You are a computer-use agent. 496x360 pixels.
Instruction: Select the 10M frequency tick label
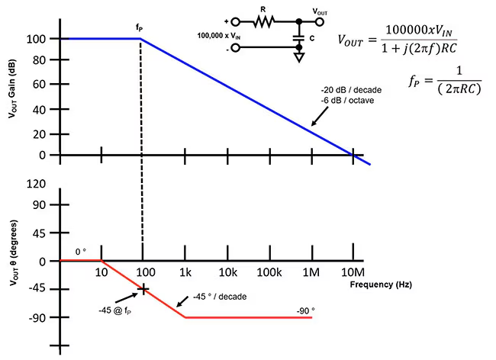(353, 272)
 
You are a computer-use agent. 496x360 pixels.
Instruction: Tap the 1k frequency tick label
(185, 272)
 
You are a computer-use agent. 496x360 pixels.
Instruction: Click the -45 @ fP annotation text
(115, 311)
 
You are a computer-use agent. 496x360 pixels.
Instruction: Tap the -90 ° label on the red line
(305, 310)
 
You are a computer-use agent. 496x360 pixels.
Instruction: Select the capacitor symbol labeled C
(298, 35)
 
